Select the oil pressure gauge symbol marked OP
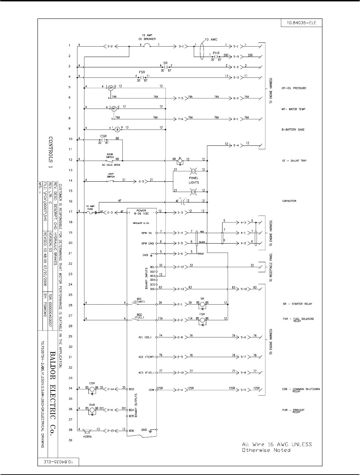[x=111, y=87]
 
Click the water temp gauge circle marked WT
[x=114, y=108]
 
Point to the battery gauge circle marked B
[x=117, y=129]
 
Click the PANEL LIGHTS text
[x=193, y=180]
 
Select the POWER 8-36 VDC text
[x=141, y=212]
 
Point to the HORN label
[x=87, y=437]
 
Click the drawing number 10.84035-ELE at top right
[x=299, y=23]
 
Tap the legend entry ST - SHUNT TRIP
[x=294, y=161]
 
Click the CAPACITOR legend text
[x=289, y=201]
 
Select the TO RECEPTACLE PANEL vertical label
[x=271, y=267]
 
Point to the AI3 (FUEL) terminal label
[x=145, y=372]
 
